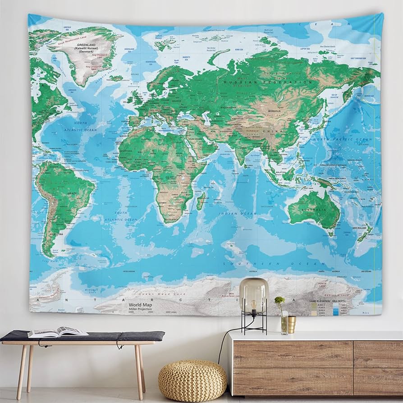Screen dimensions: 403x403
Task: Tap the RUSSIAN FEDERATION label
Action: coord(268,82)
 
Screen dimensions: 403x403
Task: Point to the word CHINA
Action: coord(276,131)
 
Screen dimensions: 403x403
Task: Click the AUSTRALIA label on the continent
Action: coord(314,210)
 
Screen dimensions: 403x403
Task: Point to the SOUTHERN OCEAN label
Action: coord(275,264)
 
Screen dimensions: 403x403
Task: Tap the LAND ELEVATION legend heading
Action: coord(320,300)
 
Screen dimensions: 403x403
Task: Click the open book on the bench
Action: coord(57,332)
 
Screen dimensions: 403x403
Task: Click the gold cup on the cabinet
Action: coord(292,325)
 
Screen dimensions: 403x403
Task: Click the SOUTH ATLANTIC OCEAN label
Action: coord(120,216)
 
